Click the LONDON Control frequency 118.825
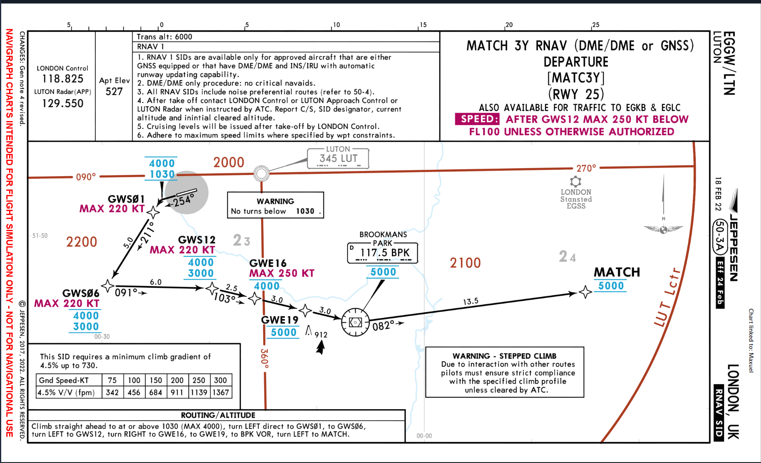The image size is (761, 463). coord(63,79)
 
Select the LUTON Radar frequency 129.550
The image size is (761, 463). coord(63,104)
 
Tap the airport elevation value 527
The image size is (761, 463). coord(114,92)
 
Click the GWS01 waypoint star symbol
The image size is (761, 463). coord(153,212)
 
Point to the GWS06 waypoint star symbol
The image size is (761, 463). coord(108,285)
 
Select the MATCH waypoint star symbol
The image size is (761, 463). coord(585,292)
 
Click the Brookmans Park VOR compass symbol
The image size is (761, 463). coord(355,323)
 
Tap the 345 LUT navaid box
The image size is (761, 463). coord(338,158)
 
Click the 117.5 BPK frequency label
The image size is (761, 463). coord(384,253)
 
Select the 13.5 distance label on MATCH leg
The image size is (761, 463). coord(471,302)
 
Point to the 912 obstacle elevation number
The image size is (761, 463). coord(321,335)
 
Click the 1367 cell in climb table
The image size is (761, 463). coord(220,393)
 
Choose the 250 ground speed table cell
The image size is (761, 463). coord(199,380)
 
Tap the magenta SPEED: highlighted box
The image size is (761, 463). coord(477,119)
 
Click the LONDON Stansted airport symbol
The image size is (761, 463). coord(575,182)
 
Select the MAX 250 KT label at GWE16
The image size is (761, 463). coord(281,273)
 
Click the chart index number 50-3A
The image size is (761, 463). coord(720,237)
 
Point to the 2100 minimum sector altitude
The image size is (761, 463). coord(465,263)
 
